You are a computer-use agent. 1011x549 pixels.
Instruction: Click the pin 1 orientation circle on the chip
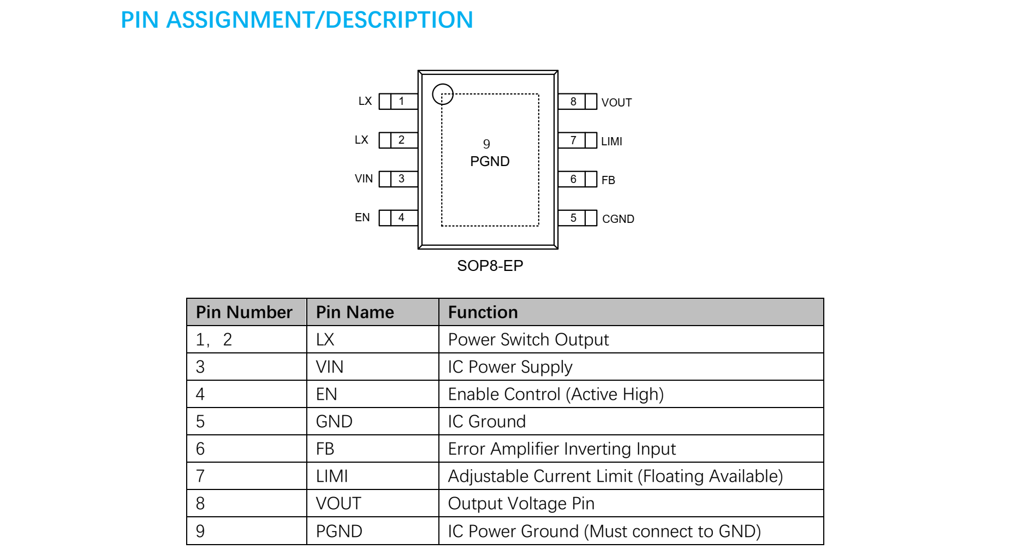(443, 94)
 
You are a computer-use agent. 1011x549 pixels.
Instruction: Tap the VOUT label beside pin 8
(616, 103)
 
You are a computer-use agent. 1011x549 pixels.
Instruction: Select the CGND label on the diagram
(618, 219)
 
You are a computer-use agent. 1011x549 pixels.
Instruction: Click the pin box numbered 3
(401, 179)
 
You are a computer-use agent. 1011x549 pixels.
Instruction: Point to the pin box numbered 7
(573, 140)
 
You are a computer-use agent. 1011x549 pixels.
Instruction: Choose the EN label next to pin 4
(362, 217)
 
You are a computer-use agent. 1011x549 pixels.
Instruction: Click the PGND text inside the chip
(490, 161)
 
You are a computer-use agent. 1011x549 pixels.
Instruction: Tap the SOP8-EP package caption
(490, 265)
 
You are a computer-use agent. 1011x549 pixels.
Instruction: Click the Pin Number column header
(244, 312)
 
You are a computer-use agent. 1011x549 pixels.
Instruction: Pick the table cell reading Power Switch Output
(528, 339)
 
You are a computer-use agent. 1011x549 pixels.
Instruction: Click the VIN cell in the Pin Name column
(330, 367)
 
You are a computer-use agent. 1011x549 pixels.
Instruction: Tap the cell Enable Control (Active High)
(555, 394)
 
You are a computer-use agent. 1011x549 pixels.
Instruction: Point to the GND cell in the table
(334, 421)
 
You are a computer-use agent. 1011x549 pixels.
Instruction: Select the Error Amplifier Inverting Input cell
(561, 448)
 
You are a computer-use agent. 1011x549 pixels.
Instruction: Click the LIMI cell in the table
(332, 476)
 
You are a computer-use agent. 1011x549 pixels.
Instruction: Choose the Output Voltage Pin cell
(521, 503)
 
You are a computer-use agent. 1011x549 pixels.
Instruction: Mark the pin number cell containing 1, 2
(214, 339)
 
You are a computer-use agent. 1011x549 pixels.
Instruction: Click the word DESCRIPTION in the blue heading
(399, 20)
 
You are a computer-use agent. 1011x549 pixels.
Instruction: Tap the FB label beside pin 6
(608, 180)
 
